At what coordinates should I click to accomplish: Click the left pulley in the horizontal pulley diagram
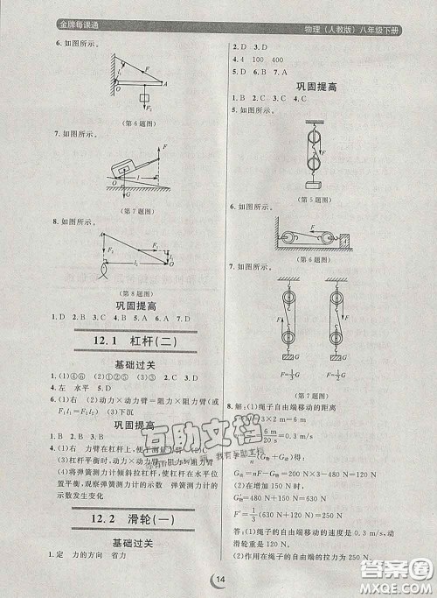(288, 236)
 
